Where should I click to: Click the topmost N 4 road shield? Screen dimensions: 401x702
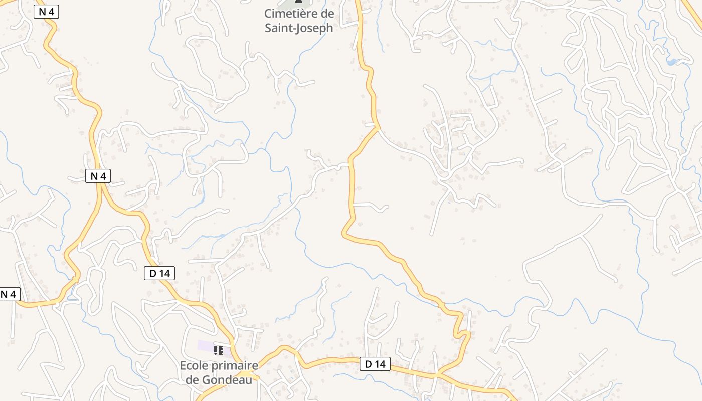coord(47,12)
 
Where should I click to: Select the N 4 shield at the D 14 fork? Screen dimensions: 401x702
coord(98,176)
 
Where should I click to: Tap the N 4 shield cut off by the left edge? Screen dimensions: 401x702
coord(9,294)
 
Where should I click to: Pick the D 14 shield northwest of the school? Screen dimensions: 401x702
coord(159,273)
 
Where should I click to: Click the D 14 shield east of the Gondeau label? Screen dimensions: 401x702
coord(375,364)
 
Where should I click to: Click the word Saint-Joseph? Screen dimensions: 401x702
coord(299,28)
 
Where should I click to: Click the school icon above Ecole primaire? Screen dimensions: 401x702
coord(218,350)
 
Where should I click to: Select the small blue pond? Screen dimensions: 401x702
coord(671,62)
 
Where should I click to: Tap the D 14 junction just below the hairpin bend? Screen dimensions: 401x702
coord(438,374)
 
